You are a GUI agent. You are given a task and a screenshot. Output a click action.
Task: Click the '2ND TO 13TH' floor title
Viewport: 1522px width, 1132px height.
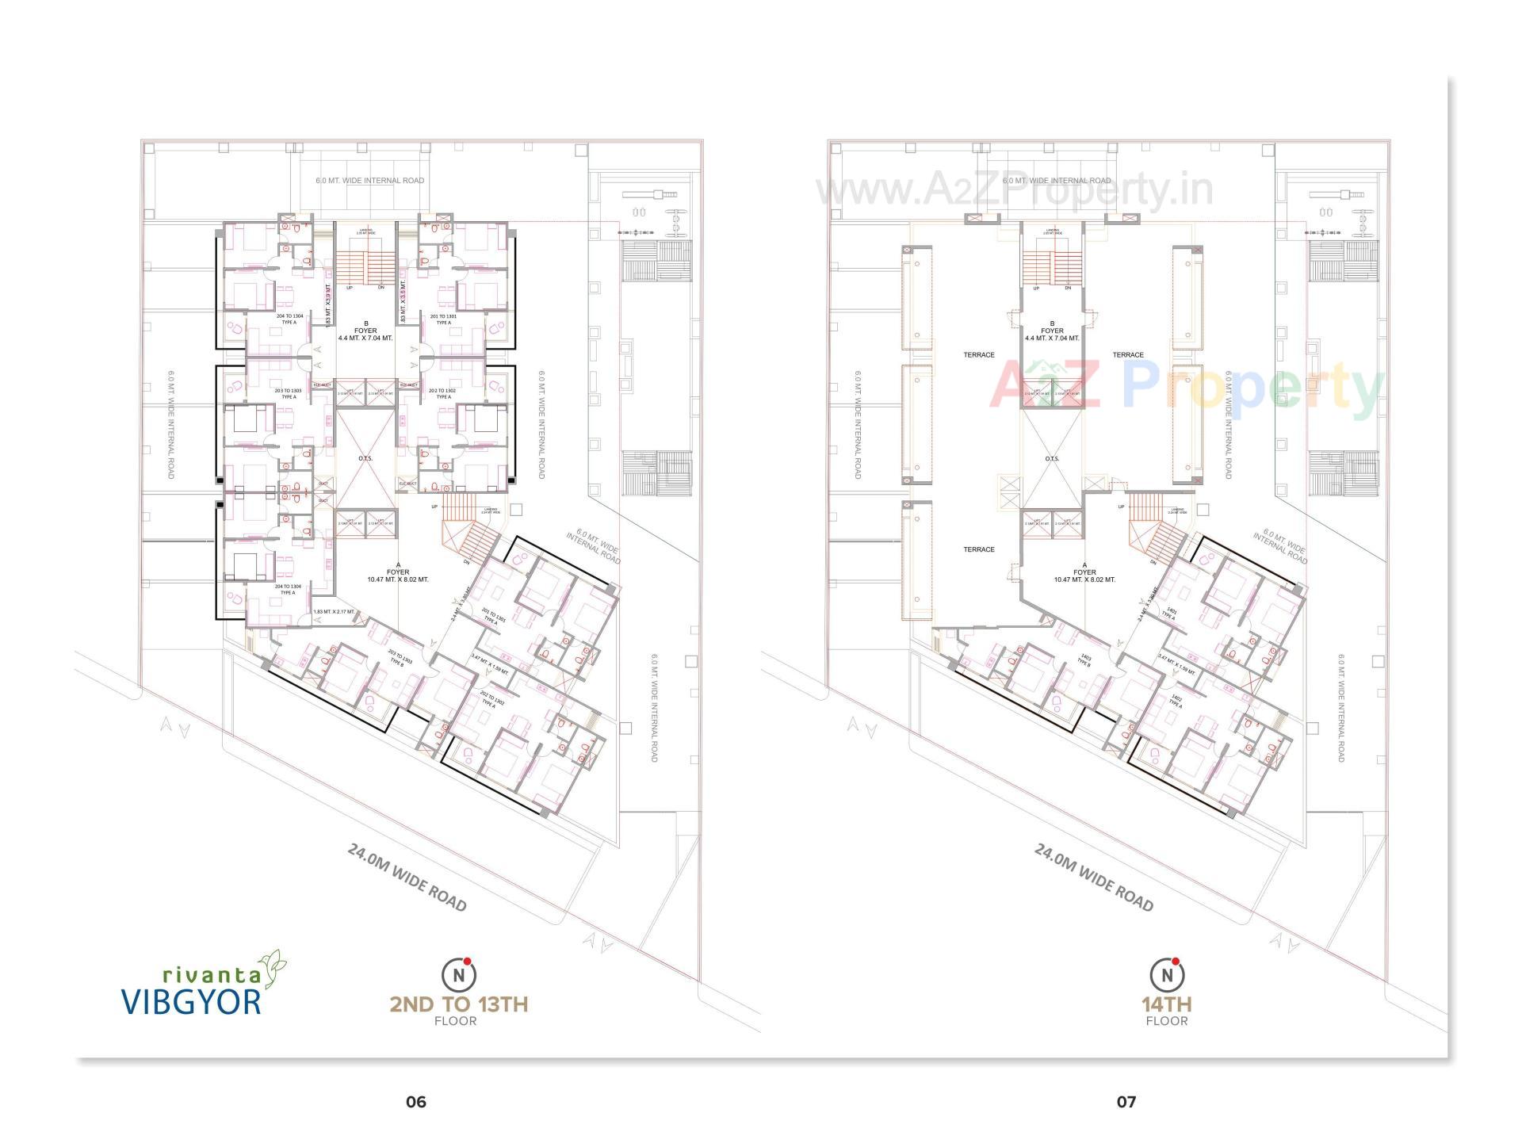pos(458,1004)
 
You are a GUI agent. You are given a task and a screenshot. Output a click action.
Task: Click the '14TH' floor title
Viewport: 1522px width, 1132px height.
pos(1166,1004)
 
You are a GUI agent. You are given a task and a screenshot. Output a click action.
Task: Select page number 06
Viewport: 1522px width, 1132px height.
pos(415,1102)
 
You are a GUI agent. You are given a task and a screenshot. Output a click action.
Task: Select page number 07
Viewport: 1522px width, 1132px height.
pos(1126,1102)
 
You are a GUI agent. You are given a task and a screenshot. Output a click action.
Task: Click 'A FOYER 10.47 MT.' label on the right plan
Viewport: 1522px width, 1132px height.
pos(1084,576)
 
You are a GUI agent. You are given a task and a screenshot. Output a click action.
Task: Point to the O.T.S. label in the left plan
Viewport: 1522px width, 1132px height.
pos(365,458)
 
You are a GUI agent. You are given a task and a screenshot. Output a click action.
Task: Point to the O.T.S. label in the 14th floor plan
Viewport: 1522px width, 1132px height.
pos(1052,458)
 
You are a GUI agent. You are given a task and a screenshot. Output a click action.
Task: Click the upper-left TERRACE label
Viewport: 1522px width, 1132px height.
pos(979,355)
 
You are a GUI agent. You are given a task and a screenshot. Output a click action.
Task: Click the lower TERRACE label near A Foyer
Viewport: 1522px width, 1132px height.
pos(979,549)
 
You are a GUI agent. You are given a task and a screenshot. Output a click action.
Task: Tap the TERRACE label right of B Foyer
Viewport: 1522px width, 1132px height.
pos(1127,355)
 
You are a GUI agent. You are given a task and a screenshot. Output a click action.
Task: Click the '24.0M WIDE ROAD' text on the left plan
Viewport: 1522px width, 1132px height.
pos(407,878)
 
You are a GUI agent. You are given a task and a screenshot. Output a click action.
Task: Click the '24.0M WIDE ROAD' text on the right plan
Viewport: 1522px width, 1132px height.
pos(1093,878)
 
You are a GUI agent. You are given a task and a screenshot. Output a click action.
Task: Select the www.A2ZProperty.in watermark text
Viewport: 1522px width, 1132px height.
pos(1015,191)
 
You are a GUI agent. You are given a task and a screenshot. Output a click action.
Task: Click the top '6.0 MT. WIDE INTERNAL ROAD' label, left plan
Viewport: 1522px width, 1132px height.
pos(369,181)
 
